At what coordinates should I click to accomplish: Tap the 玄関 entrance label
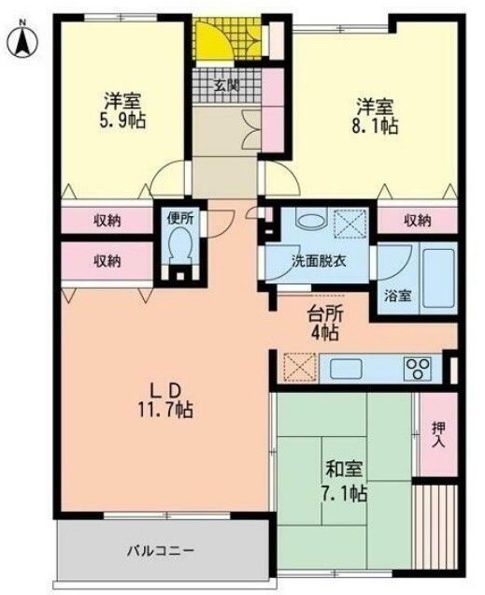tap(225, 86)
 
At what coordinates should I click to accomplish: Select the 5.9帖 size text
tap(123, 120)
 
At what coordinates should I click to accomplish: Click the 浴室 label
tap(398, 297)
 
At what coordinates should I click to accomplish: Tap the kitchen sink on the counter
tap(341, 366)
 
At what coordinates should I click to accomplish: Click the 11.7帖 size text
tap(166, 410)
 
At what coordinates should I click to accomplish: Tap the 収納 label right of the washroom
tap(418, 221)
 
